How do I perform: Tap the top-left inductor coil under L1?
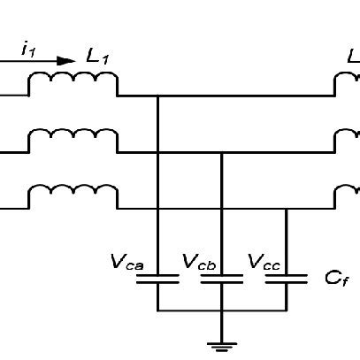(73, 83)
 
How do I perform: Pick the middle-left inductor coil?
(73, 141)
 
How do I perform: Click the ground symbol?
(221, 345)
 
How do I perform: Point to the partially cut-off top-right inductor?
(347, 84)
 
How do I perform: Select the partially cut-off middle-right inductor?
(347, 142)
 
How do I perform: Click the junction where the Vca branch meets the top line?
(157, 96)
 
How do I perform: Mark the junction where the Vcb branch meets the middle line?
(221, 153)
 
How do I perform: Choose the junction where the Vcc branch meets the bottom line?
(286, 210)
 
